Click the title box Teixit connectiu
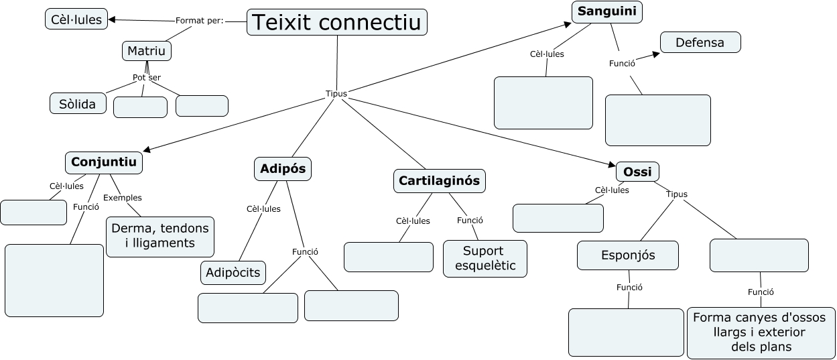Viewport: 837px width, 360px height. tap(337, 22)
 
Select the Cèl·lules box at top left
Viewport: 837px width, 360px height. tap(76, 19)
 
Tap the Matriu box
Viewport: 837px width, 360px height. tap(147, 51)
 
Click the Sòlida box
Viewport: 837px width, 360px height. tap(78, 103)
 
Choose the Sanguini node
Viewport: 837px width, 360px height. tap(607, 11)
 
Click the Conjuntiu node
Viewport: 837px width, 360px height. tap(104, 162)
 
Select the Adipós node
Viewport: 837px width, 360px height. tap(283, 169)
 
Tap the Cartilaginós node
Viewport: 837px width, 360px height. tap(439, 180)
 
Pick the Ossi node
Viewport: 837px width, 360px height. tap(637, 172)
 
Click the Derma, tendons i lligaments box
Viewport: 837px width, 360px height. tap(160, 236)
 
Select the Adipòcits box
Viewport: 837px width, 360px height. tap(233, 273)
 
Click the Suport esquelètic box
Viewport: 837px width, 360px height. tap(485, 258)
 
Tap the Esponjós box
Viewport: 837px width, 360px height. tap(628, 255)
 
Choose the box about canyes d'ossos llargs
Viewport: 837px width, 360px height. tap(761, 332)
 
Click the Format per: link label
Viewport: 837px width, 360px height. tap(199, 20)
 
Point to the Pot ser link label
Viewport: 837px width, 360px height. tap(147, 78)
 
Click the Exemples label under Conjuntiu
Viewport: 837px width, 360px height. tap(122, 198)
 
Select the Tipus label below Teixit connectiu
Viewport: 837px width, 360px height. tap(336, 94)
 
